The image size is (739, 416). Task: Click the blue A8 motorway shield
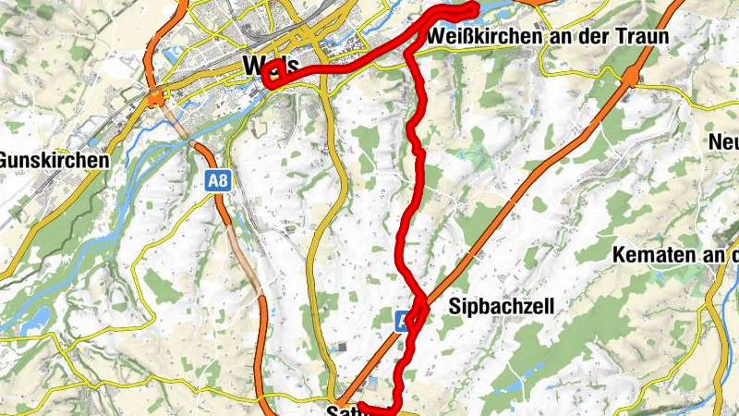[217, 182]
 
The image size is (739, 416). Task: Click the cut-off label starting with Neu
[722, 142]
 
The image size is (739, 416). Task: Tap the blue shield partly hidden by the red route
[404, 322]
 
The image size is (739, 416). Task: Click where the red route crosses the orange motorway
[416, 312]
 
